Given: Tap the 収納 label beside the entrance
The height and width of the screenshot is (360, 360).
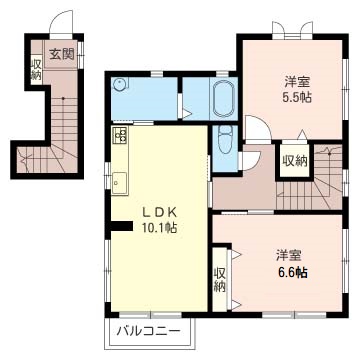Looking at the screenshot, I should (x=36, y=70).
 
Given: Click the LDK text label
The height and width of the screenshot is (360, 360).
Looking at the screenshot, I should (x=157, y=212).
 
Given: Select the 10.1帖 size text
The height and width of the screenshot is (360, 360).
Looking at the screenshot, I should (x=157, y=228).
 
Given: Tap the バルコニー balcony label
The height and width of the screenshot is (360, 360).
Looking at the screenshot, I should (x=148, y=329).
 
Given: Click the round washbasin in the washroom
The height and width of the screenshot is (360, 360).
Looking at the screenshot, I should (x=120, y=86).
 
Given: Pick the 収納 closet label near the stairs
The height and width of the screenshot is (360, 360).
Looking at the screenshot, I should (x=293, y=161).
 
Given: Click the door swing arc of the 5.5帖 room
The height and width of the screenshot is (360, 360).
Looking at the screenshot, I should (x=256, y=128).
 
